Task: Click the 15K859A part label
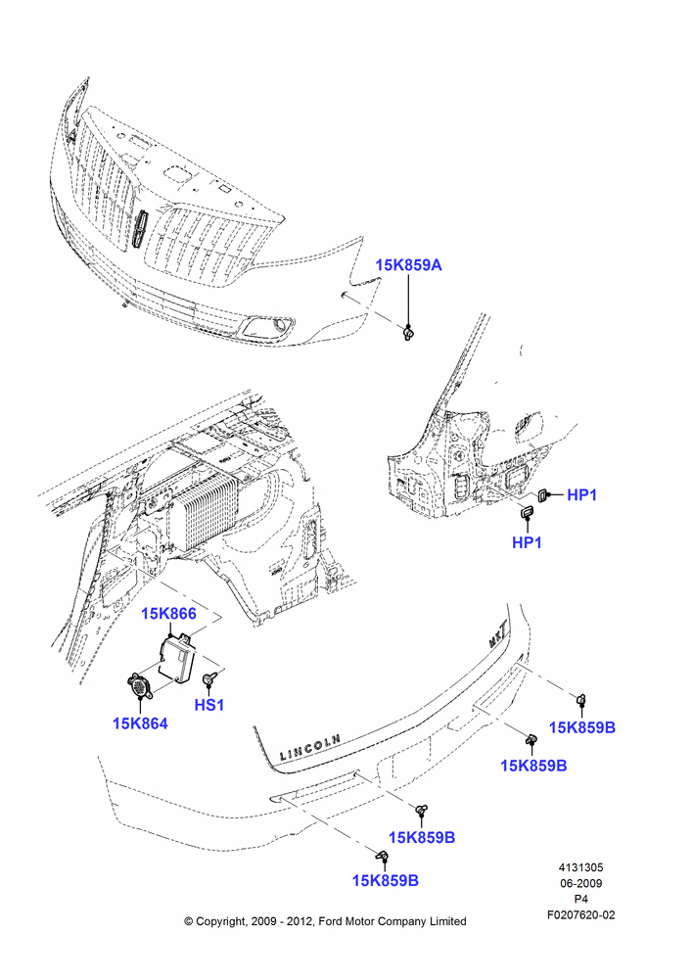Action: tap(408, 264)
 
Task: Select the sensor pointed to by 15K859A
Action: tap(408, 334)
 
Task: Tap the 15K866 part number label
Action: tap(168, 614)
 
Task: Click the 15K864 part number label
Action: tap(140, 723)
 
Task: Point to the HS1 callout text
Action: tap(209, 705)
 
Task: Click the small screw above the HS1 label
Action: tap(209, 678)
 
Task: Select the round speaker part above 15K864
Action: tap(138, 686)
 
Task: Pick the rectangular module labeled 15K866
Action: tap(177, 658)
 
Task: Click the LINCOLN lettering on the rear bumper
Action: tap(309, 747)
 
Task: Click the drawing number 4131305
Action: tap(580, 867)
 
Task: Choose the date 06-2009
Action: tap(580, 883)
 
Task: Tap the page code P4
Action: tap(580, 899)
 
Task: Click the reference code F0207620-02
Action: tap(580, 914)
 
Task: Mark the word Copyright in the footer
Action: tap(220, 922)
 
